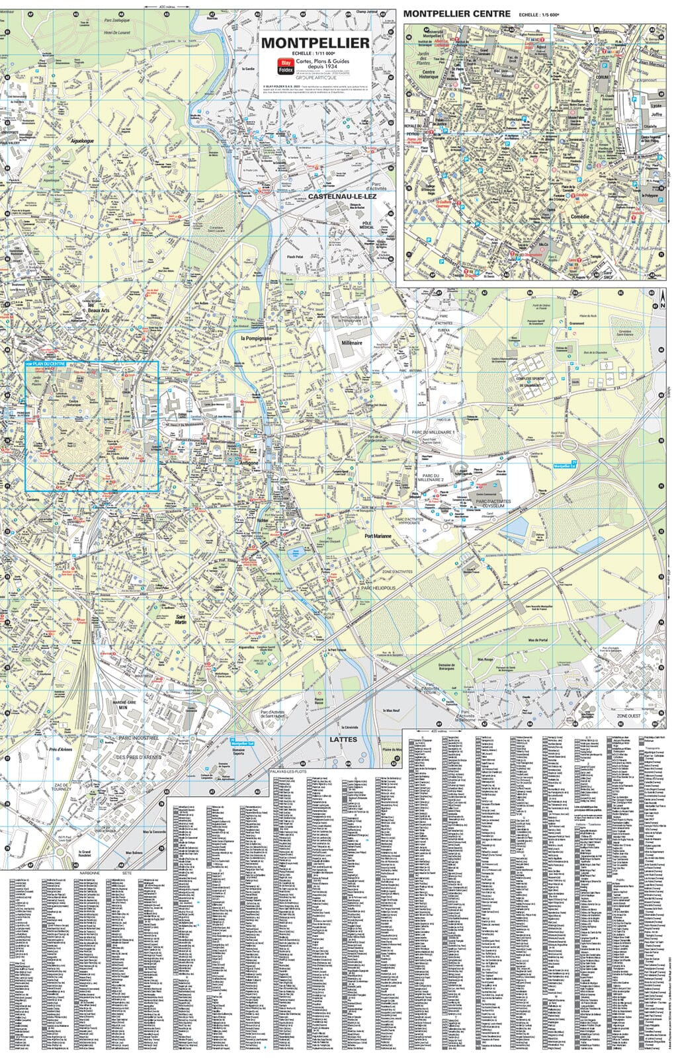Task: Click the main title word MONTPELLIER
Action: (315, 43)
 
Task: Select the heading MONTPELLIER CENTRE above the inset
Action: (457, 14)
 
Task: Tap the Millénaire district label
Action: (352, 343)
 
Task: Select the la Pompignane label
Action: (256, 338)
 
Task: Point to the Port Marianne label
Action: (378, 536)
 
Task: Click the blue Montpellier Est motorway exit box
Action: (565, 466)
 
